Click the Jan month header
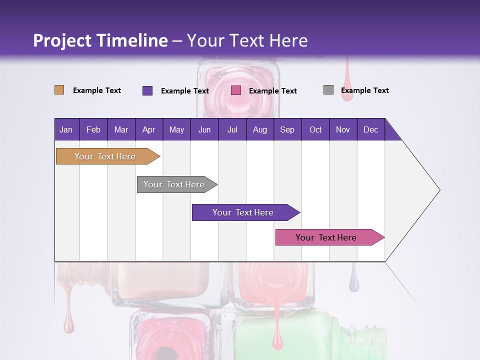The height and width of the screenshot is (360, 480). (x=66, y=129)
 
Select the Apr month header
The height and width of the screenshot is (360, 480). (x=149, y=129)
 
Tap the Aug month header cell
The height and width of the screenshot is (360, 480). (x=259, y=129)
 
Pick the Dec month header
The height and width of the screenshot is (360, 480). (x=370, y=129)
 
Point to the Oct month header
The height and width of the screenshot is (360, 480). (x=315, y=129)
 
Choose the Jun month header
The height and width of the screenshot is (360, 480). (x=204, y=129)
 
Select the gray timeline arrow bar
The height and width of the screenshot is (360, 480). (x=175, y=184)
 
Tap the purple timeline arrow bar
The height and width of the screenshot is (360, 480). (x=244, y=212)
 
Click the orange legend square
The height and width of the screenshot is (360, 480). (x=59, y=90)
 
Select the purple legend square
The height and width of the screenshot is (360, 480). (x=147, y=90)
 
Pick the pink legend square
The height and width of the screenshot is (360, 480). (x=236, y=90)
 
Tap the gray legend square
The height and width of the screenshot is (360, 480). (x=328, y=90)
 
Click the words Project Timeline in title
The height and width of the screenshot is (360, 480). (x=100, y=40)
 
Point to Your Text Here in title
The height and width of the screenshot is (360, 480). (x=247, y=40)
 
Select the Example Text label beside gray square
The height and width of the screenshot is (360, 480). (x=364, y=90)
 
